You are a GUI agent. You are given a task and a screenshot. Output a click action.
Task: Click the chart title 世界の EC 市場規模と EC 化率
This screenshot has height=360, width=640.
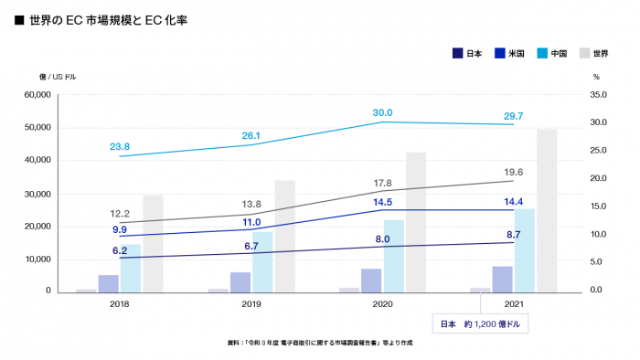(108, 18)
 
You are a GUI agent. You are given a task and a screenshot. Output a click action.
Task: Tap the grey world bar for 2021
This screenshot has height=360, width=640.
(547, 210)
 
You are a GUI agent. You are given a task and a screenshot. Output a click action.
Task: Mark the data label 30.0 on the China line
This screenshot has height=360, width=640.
(382, 112)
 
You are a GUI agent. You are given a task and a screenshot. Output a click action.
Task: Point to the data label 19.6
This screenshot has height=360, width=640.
(513, 172)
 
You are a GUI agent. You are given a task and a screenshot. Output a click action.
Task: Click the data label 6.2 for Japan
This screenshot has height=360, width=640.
(120, 249)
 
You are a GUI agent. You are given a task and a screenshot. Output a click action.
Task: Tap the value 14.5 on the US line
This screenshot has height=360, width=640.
(382, 202)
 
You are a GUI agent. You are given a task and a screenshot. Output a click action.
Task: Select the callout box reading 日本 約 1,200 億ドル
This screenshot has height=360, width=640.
(480, 323)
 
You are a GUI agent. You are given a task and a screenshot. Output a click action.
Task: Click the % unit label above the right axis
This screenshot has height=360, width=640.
(595, 77)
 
